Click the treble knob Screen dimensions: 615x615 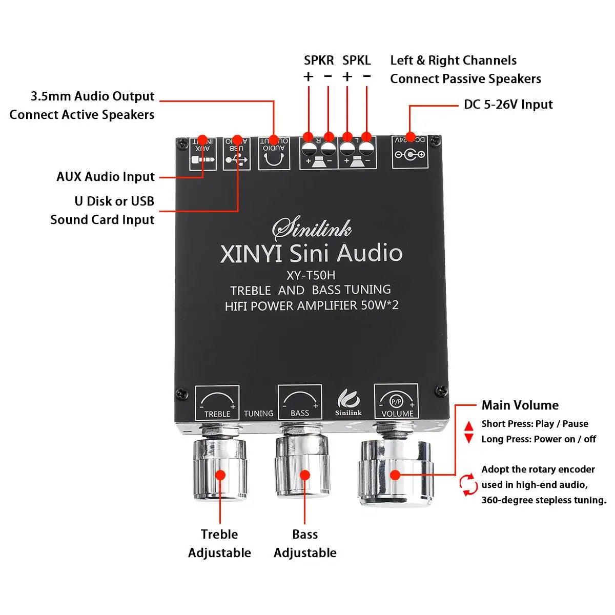[x=220, y=469]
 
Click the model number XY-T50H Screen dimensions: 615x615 [x=311, y=275]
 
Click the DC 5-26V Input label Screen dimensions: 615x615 [x=508, y=105]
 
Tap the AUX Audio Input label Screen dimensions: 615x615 [x=105, y=177]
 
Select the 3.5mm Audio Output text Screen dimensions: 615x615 [x=92, y=96]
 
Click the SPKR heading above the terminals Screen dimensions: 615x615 [x=318, y=60]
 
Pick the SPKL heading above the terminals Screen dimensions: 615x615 [x=356, y=60]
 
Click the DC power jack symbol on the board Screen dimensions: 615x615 [x=409, y=153]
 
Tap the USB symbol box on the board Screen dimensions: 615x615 [x=237, y=154]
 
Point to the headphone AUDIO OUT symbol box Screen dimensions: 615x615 [x=274, y=154]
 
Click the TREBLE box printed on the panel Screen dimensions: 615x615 [x=217, y=403]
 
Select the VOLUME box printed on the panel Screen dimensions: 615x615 [x=396, y=402]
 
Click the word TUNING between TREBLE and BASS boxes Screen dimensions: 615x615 [x=258, y=414]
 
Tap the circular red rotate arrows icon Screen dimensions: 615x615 [x=468, y=485]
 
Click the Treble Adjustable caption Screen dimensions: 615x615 [x=219, y=543]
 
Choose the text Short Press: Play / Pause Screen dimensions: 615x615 [x=535, y=424]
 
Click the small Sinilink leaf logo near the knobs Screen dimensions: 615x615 [x=348, y=403]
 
